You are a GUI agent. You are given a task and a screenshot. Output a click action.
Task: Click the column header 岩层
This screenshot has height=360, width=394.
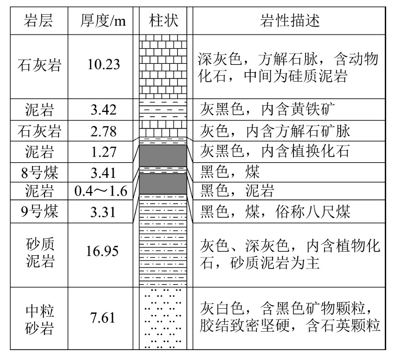coord(40,20)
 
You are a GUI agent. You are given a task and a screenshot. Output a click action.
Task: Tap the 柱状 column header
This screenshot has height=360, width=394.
coord(163,20)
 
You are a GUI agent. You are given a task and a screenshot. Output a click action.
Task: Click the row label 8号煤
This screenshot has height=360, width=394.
coord(40,172)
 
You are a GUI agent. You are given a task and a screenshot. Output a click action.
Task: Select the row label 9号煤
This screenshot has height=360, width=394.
coord(40,211)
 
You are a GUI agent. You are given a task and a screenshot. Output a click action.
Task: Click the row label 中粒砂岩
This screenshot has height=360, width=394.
coord(40,318)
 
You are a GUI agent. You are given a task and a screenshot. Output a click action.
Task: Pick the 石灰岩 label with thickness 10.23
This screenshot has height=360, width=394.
coord(40,65)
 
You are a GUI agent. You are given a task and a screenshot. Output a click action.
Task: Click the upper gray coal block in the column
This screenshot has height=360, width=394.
coord(163,156)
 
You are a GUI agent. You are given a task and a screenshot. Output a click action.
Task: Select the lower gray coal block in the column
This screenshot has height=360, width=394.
coord(163,183)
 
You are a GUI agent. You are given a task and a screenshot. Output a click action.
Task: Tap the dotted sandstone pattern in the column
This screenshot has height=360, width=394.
coord(163,318)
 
